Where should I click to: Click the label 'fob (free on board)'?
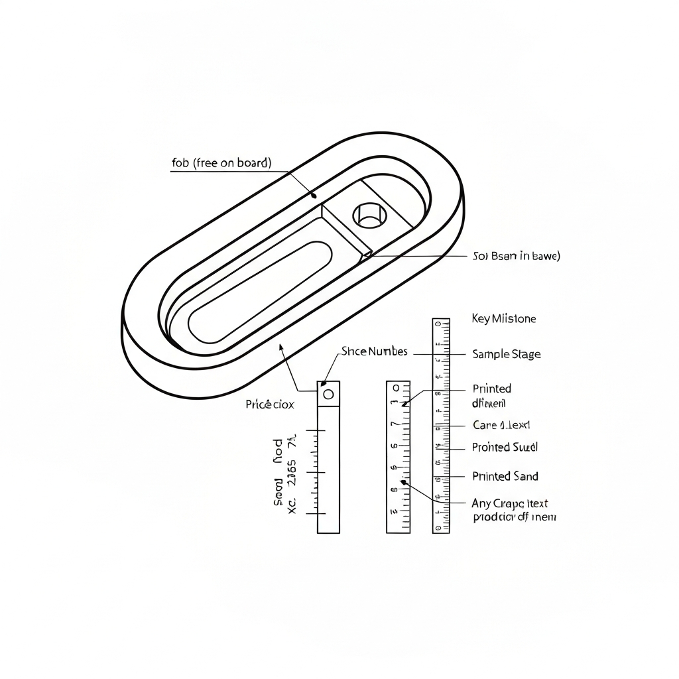coord(221,162)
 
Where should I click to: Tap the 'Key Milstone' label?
coord(503,319)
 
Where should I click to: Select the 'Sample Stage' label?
coord(506,354)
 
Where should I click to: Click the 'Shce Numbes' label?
coord(374,351)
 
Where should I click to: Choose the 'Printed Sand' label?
coord(505,476)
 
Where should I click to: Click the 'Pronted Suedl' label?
coord(505,448)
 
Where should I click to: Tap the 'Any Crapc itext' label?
coord(509,503)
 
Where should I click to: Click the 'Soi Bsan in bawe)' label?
coord(516,256)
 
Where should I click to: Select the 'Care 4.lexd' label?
coord(501,425)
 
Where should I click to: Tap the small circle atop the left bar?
coord(328,395)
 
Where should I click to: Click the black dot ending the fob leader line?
coord(314,196)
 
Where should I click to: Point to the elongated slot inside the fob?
coord(260,292)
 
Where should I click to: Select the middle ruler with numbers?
coord(398,458)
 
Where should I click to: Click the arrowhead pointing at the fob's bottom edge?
coord(281,347)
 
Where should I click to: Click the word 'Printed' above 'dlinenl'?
coord(491,389)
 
